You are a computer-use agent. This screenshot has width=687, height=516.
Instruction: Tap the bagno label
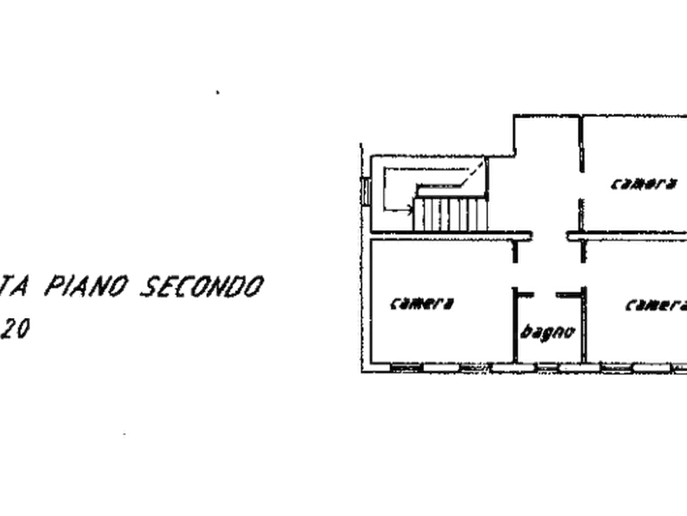point(547,332)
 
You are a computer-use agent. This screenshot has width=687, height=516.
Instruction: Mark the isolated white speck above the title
point(218,92)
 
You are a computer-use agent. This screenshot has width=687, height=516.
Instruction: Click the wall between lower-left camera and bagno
point(509,323)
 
